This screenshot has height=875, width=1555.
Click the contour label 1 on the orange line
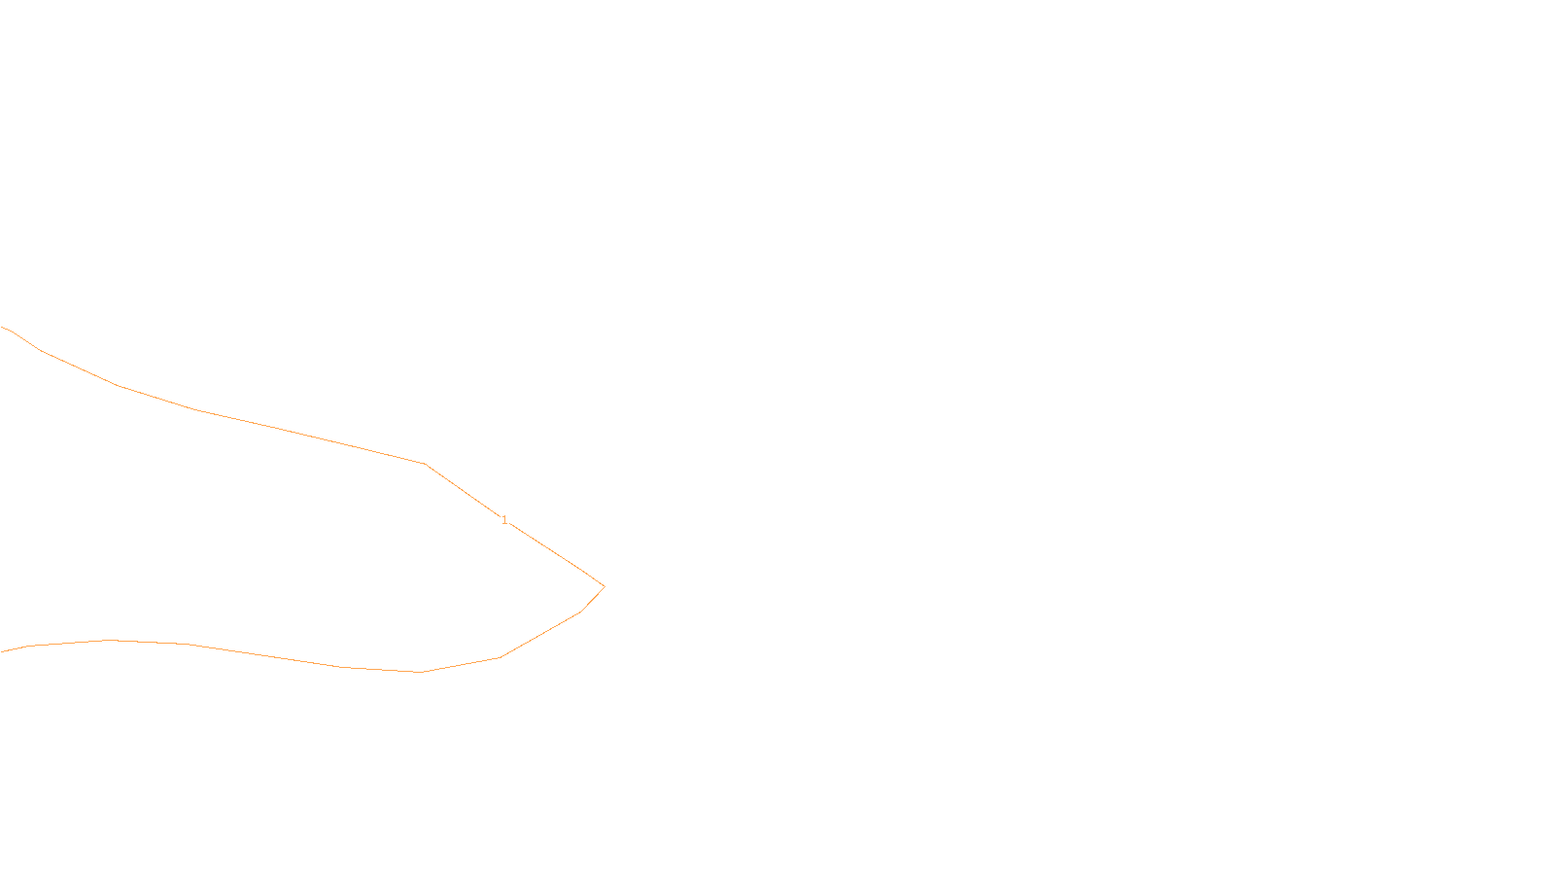504,520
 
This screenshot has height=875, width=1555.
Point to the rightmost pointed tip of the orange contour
605,586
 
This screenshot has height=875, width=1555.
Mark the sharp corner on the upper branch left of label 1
426,465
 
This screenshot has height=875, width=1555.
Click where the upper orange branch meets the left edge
1,328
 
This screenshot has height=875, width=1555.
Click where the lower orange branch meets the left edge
1,651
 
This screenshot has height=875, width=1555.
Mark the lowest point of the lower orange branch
421,672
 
